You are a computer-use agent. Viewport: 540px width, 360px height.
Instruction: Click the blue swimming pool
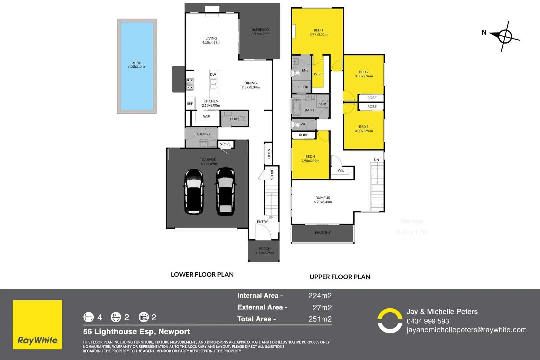click(x=137, y=66)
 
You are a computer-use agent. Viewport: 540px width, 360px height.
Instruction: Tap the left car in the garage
click(x=193, y=192)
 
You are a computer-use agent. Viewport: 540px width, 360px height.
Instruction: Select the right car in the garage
click(x=225, y=192)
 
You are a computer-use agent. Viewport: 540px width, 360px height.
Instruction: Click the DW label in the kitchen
click(x=213, y=75)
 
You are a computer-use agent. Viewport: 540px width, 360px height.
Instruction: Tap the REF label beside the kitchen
click(x=190, y=104)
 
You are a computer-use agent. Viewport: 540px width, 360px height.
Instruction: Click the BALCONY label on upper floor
click(x=323, y=233)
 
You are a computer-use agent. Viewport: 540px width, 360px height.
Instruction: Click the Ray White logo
click(x=37, y=325)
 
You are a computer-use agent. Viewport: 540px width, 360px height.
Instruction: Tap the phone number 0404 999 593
click(x=428, y=321)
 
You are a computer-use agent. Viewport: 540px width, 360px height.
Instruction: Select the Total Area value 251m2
click(x=320, y=319)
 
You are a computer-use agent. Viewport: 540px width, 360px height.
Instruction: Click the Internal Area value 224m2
click(x=320, y=296)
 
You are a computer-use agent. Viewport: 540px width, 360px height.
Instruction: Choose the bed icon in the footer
click(x=89, y=317)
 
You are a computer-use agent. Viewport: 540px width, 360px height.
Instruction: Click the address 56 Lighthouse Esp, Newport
click(x=136, y=332)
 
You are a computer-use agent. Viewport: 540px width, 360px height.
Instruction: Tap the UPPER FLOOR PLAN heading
click(x=340, y=277)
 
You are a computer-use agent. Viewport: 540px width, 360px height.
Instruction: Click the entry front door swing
click(x=263, y=232)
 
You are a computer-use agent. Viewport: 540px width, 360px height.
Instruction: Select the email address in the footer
click(x=466, y=330)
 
